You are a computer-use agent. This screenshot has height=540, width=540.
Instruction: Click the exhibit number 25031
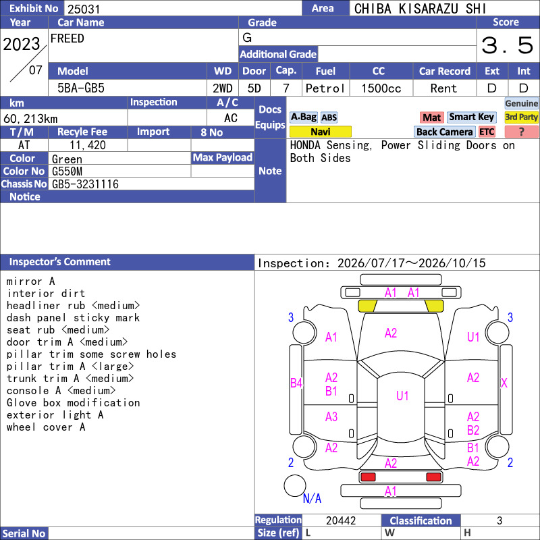pyautogui.click(x=84, y=9)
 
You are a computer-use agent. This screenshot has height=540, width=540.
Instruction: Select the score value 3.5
pyautogui.click(x=507, y=45)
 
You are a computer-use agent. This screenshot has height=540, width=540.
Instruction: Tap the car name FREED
pyautogui.click(x=67, y=38)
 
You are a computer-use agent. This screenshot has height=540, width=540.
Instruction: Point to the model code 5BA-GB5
pyautogui.click(x=81, y=88)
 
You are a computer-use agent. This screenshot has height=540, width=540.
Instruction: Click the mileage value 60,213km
pyautogui.click(x=30, y=119)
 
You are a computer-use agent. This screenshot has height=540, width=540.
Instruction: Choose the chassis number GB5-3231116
pyautogui.click(x=85, y=184)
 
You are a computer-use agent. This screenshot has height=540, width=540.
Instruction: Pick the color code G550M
pyautogui.click(x=67, y=171)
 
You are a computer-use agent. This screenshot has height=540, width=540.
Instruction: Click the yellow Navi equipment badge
pyautogui.click(x=320, y=132)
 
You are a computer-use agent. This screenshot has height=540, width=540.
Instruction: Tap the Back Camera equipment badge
pyautogui.click(x=444, y=132)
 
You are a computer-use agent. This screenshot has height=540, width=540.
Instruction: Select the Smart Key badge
pyautogui.click(x=471, y=117)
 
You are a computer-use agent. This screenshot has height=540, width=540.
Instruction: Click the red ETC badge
pyautogui.click(x=487, y=132)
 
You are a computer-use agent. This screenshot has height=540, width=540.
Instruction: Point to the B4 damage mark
pyautogui.click(x=296, y=383)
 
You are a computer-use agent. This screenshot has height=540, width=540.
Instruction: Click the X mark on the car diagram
pyautogui.click(x=504, y=383)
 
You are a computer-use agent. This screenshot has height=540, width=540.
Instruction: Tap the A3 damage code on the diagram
pyautogui.click(x=331, y=417)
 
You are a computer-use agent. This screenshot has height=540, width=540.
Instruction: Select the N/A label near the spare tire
pyautogui.click(x=312, y=498)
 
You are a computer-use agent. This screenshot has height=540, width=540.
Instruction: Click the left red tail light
pyautogui.click(x=368, y=477)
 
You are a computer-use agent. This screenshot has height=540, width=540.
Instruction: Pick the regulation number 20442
pyautogui.click(x=341, y=520)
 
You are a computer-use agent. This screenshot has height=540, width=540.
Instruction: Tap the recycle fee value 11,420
pyautogui.click(x=88, y=145)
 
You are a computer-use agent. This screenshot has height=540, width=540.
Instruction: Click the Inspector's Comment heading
pyautogui.click(x=60, y=262)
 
